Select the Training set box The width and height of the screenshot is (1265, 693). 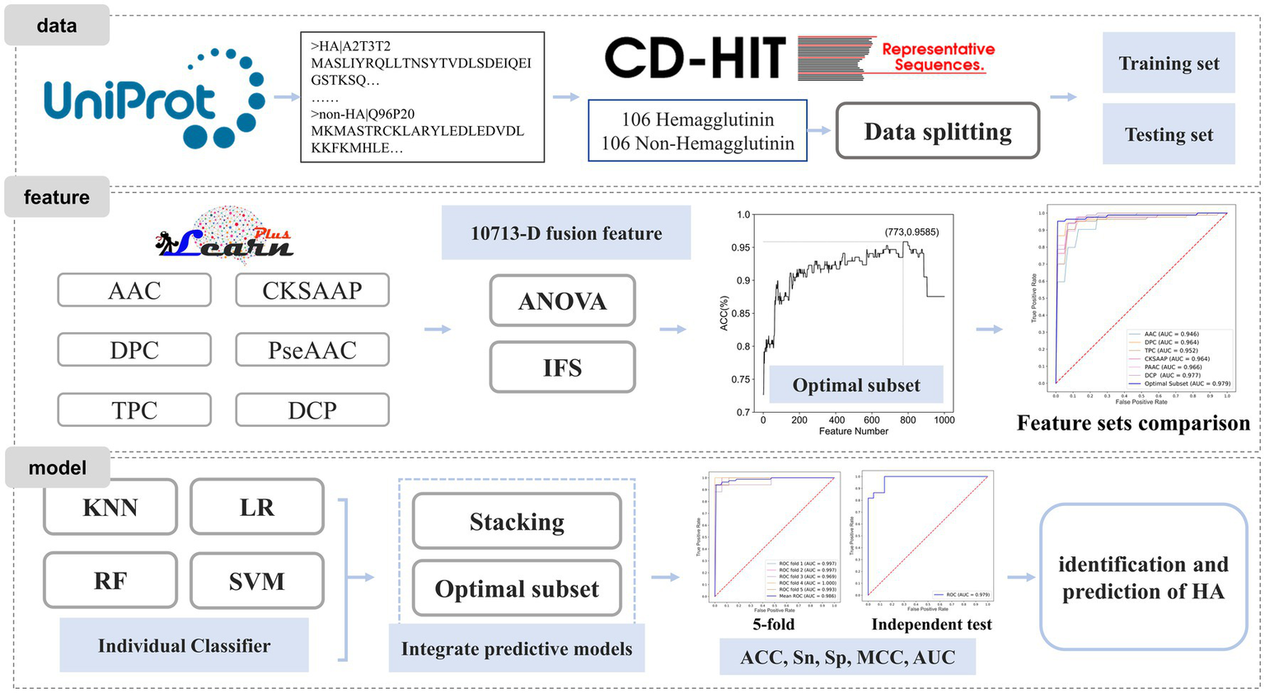click(1168, 63)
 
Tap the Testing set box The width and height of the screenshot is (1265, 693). click(1168, 134)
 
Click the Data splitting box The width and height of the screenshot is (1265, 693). click(937, 132)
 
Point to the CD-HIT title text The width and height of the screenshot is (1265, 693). click(695, 58)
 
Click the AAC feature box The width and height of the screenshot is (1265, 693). click(134, 291)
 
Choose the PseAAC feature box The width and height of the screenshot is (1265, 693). click(312, 350)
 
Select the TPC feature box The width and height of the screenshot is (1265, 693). click(134, 410)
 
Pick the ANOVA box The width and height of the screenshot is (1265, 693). click(562, 302)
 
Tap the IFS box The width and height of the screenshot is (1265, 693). click(562, 368)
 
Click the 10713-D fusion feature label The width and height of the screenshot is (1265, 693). click(566, 233)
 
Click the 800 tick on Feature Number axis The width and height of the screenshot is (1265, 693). click(907, 419)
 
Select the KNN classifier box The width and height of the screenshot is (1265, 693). click(110, 508)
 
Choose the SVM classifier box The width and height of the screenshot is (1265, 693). click(256, 582)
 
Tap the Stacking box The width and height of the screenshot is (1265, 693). click(517, 522)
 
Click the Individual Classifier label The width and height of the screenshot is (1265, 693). click(184, 645)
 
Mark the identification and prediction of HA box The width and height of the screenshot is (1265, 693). click(1143, 578)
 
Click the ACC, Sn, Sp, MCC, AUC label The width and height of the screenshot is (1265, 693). click(847, 657)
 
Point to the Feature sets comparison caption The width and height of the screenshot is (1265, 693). click(1132, 423)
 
